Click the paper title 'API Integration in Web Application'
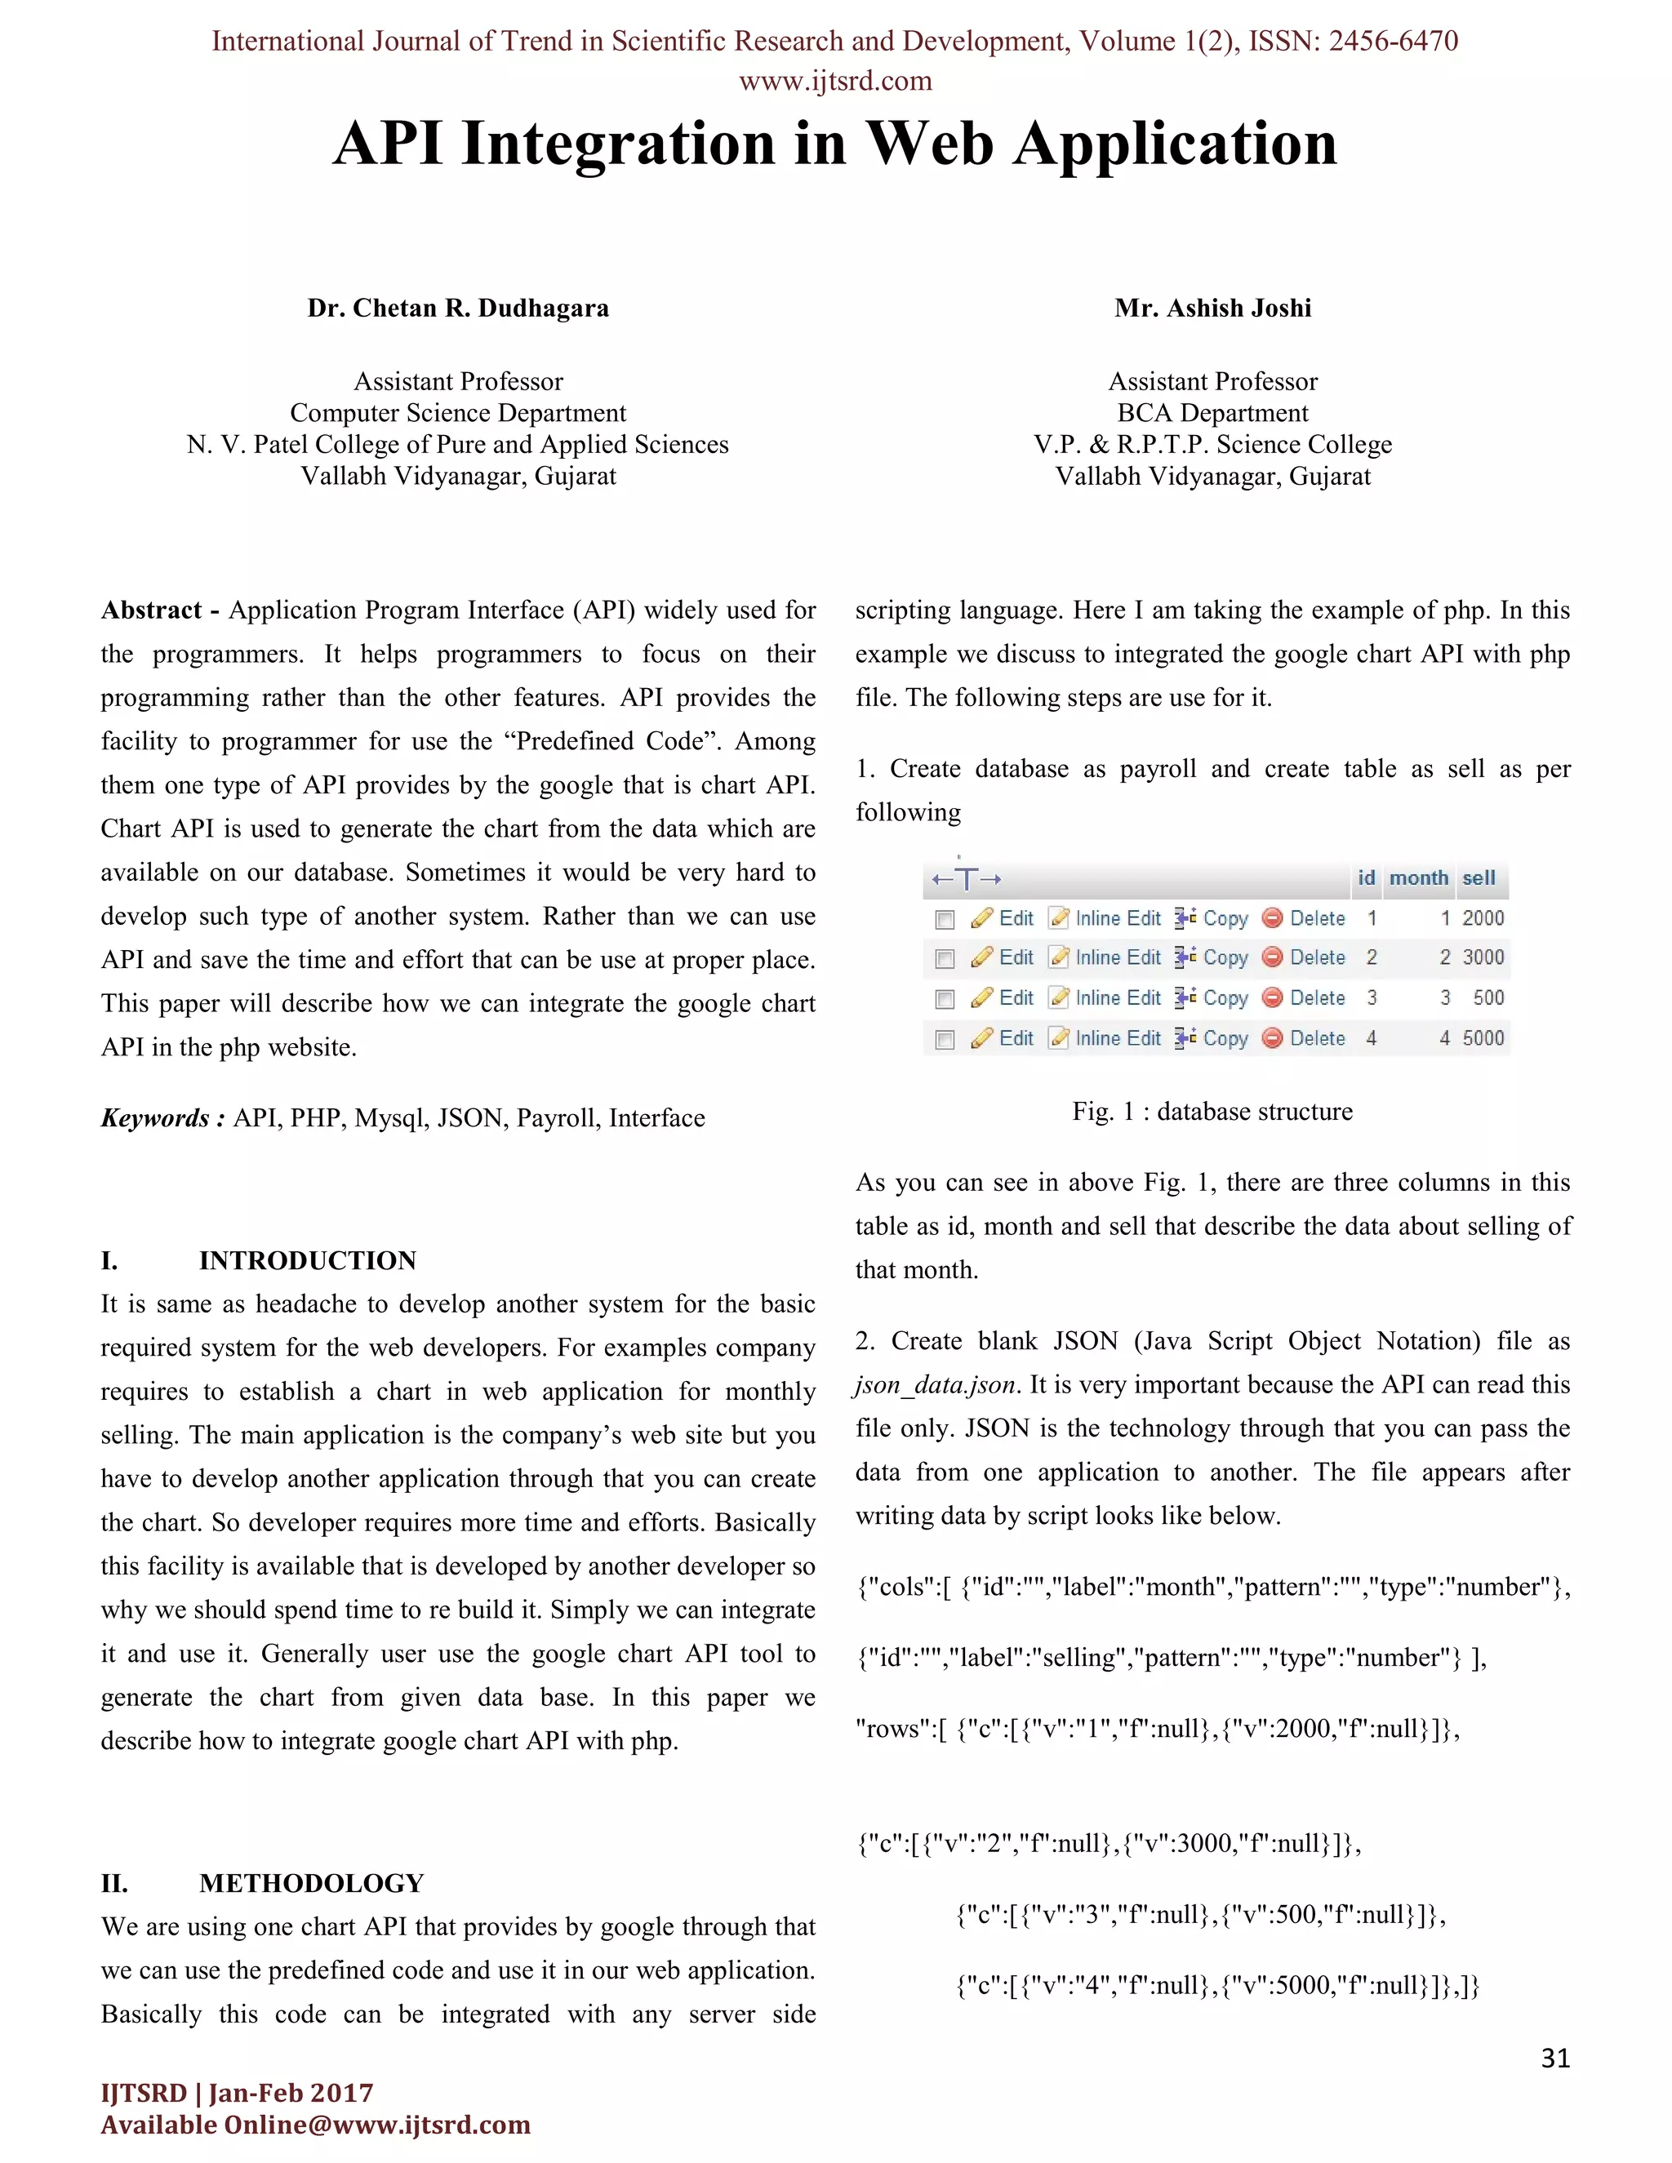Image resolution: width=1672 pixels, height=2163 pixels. coord(835,144)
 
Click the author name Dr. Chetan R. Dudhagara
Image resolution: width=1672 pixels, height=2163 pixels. coord(458,308)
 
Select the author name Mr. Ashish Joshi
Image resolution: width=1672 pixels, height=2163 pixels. coord(1212,308)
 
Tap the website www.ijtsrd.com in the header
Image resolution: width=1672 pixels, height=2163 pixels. coord(835,81)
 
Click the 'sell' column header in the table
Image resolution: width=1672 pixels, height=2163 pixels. coord(1478,877)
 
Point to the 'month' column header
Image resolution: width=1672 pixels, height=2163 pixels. coord(1417,877)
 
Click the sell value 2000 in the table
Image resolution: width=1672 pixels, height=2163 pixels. coord(1482,918)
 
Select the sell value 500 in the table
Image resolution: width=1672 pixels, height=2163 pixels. coord(1487,997)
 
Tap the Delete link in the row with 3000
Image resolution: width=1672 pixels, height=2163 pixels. coord(1316,957)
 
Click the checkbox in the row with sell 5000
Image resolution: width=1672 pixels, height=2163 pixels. coord(945,1039)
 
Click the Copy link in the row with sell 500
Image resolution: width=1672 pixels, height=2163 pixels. coord(1225,998)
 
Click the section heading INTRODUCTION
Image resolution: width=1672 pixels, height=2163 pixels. coord(307,1261)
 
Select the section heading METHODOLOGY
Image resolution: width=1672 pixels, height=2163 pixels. coord(311,1883)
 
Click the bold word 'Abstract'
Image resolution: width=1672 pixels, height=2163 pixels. coord(150,610)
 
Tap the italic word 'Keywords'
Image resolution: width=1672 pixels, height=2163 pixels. coord(155,1118)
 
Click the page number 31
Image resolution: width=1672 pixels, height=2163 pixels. coord(1555,2058)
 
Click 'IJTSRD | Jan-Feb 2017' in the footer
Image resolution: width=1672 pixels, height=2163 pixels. coord(237,2093)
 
